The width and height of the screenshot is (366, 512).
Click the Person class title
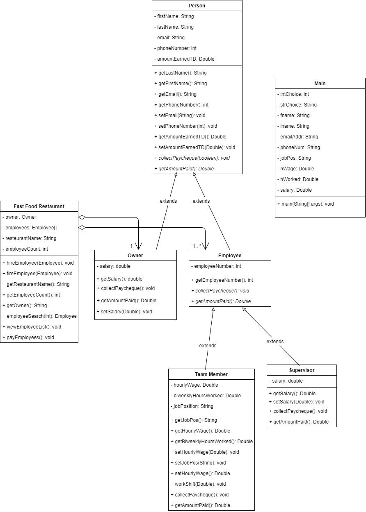[197, 6]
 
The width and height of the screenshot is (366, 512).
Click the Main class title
[320, 84]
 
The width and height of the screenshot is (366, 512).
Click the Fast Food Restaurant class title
[39, 206]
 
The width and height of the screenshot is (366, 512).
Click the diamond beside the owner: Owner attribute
[82, 217]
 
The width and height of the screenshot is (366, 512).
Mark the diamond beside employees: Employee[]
[82, 228]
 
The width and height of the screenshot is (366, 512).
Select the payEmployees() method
[28, 338]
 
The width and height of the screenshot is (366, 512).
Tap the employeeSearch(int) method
[39, 316]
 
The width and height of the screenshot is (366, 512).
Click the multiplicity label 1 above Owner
[131, 246]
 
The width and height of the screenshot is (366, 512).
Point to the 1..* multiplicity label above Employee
[197, 246]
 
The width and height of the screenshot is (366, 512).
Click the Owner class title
[135, 256]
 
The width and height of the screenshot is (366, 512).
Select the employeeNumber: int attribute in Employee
[216, 266]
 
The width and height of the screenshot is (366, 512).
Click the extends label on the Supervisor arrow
[275, 342]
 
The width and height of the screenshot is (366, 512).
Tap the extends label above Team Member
[208, 346]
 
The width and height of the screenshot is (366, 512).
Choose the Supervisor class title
[302, 370]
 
